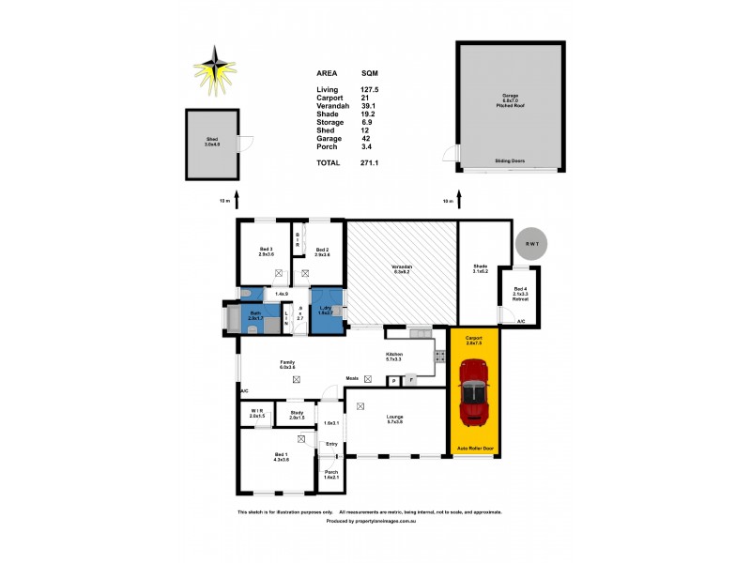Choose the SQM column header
tap(371, 72)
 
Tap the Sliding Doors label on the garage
tap(508, 160)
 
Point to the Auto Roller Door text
tap(474, 449)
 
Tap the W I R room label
tap(256, 414)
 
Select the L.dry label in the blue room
tap(325, 310)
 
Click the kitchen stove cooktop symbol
tap(437, 357)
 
